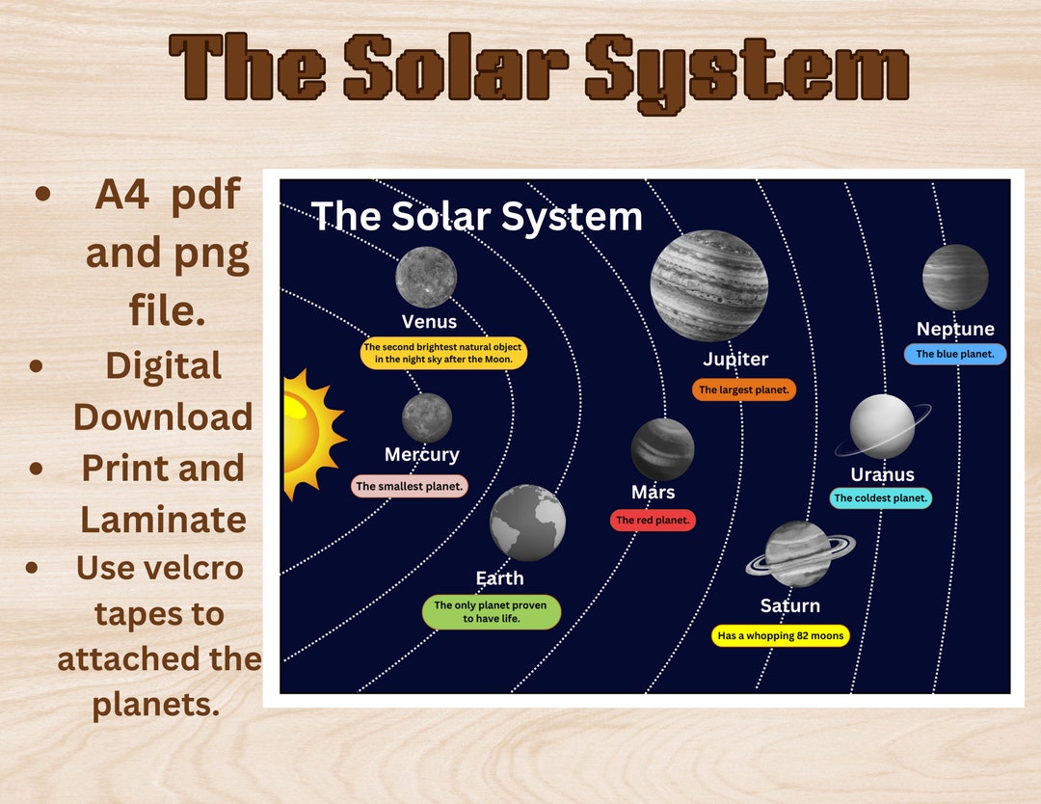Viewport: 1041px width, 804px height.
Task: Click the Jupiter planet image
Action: [708, 285]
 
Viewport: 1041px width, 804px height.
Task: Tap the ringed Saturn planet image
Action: [798, 554]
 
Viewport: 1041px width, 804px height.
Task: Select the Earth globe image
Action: [527, 523]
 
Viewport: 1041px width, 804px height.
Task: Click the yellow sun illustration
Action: [307, 433]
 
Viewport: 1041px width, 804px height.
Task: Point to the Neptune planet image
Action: [955, 278]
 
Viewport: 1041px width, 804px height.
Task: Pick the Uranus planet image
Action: [882, 426]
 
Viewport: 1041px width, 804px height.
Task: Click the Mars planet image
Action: [662, 449]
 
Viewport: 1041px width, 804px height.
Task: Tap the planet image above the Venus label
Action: [426, 277]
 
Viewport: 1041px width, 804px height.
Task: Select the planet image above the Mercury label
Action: [426, 417]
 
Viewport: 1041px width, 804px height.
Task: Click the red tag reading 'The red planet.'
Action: [653, 521]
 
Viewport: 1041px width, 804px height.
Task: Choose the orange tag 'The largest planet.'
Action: [743, 390]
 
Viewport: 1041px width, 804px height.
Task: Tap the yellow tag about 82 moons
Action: [781, 636]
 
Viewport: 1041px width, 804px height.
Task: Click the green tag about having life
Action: [492, 612]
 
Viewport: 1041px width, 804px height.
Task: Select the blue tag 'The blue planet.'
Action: [954, 355]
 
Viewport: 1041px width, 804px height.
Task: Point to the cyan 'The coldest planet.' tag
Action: [880, 498]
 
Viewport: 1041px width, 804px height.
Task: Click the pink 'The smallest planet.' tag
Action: [410, 487]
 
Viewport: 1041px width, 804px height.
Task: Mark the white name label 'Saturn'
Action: [789, 605]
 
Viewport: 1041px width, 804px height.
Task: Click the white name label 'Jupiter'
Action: [735, 360]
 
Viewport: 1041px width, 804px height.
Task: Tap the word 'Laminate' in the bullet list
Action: [163, 520]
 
